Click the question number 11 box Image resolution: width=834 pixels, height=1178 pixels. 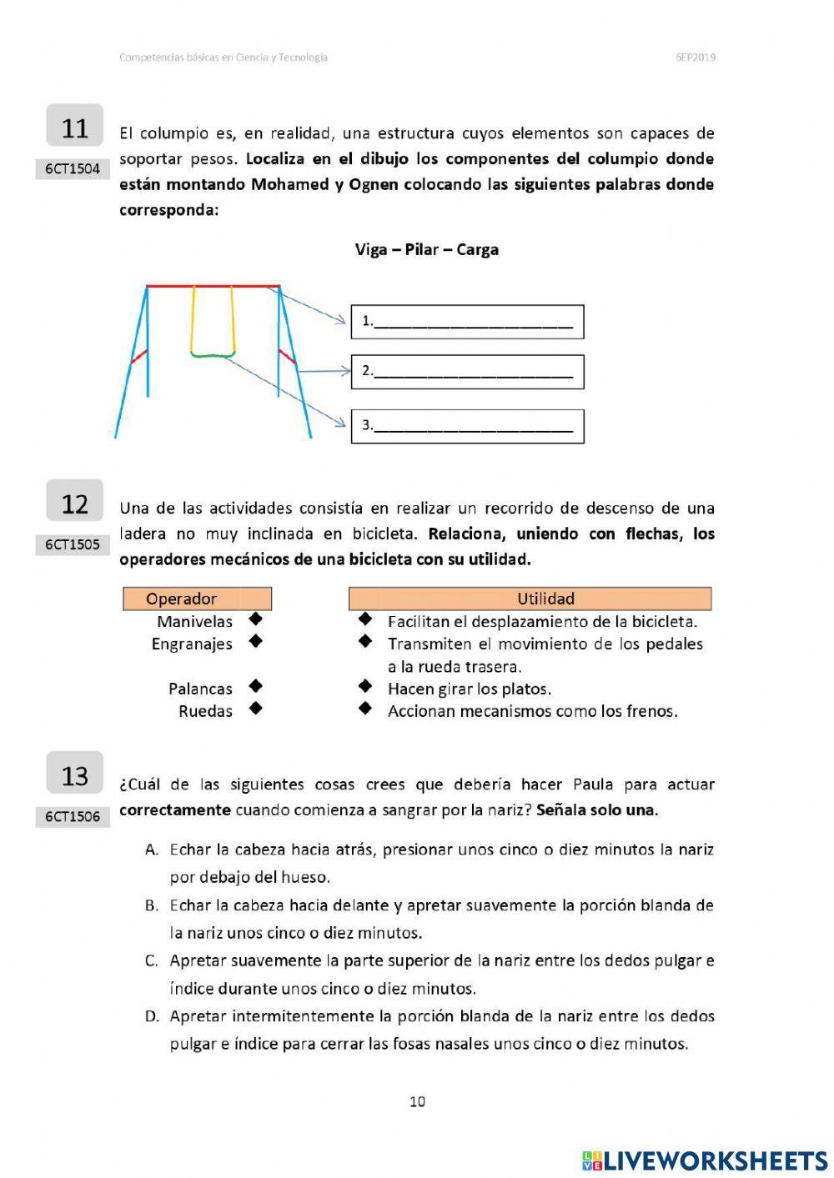pyautogui.click(x=74, y=127)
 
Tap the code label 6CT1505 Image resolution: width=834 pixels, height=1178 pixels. pyautogui.click(x=73, y=544)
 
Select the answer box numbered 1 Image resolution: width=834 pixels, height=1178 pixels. pyautogui.click(x=467, y=322)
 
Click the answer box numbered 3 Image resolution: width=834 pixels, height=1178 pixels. pyautogui.click(x=467, y=426)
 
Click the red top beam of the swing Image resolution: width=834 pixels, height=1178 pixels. pyautogui.click(x=213, y=286)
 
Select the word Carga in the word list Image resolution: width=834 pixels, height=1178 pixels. pyautogui.click(x=477, y=249)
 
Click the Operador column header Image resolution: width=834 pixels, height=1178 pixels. pyautogui.click(x=197, y=599)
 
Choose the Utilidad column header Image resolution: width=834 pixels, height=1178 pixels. pyautogui.click(x=530, y=599)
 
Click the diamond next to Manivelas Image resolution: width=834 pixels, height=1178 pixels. pyautogui.click(x=256, y=619)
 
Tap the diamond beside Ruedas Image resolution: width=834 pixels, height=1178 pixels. pyautogui.click(x=256, y=709)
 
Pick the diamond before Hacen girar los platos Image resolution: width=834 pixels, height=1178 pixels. pyautogui.click(x=364, y=687)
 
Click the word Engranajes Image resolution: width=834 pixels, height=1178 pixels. pyautogui.click(x=192, y=644)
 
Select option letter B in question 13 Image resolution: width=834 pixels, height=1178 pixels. pyautogui.click(x=151, y=905)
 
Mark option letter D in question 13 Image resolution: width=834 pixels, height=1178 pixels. pyautogui.click(x=151, y=1016)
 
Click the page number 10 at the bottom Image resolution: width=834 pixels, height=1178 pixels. pyautogui.click(x=417, y=1101)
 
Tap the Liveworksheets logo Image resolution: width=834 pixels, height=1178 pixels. pyautogui.click(x=704, y=1160)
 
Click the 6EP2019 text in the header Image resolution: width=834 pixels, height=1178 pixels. pyautogui.click(x=695, y=58)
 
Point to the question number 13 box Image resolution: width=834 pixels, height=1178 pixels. pyautogui.click(x=74, y=775)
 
